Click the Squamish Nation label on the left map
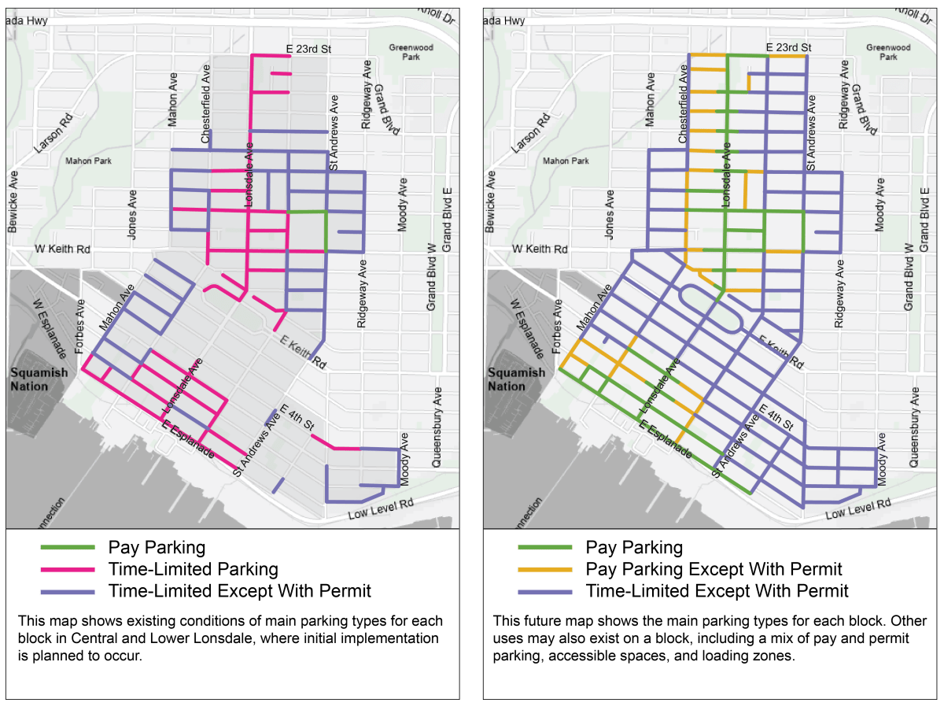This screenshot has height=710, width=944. [x=42, y=379]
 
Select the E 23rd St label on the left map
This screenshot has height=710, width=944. [x=308, y=48]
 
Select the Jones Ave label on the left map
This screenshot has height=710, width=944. [x=131, y=214]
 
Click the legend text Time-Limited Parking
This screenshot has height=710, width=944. [x=193, y=569]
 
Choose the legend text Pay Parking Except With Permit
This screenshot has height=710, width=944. [x=714, y=569]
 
